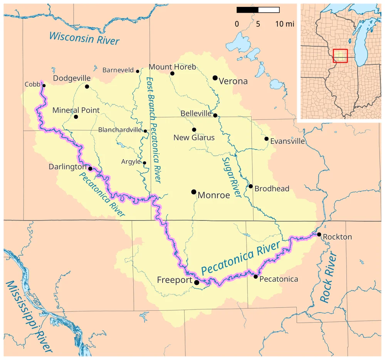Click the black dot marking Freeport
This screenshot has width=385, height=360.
coord(197,283)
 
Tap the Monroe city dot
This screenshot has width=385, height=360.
coord(193,192)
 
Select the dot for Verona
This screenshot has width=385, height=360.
coord(215,78)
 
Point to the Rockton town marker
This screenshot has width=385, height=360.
coord(319,234)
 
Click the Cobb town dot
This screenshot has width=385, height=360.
coord(44,86)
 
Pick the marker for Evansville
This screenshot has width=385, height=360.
coord(266,139)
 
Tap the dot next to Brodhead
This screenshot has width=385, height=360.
coord(251,187)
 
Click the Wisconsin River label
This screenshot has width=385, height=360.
coord(84,38)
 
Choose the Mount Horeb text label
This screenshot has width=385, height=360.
coord(172,67)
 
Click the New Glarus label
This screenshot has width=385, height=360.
coord(194,138)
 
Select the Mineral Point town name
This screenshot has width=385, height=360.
coord(76,110)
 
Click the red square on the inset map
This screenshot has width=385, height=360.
coord(340,56)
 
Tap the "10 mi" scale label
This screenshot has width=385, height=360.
coord(284,24)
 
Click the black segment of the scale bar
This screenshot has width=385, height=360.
coord(247,10)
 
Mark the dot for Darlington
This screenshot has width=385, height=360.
coord(90,168)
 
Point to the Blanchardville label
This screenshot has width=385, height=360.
coord(120,130)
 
